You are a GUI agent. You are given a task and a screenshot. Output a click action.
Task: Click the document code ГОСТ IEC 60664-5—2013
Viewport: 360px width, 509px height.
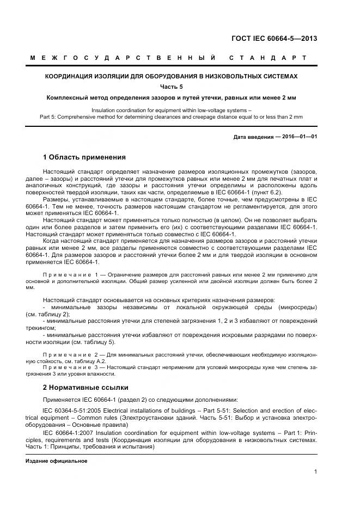274,39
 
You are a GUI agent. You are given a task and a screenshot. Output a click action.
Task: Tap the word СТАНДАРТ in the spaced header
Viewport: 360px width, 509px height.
267,58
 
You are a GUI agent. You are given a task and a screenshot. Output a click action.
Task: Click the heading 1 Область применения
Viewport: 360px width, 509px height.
84,157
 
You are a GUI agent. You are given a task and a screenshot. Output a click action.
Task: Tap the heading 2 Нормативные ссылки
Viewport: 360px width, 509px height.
85,388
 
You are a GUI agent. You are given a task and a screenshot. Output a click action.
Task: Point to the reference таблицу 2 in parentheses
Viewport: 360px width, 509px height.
47,315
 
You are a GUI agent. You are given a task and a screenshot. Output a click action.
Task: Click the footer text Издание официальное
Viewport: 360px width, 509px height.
57,461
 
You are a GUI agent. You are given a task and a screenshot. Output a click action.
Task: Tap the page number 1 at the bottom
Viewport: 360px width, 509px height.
315,472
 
